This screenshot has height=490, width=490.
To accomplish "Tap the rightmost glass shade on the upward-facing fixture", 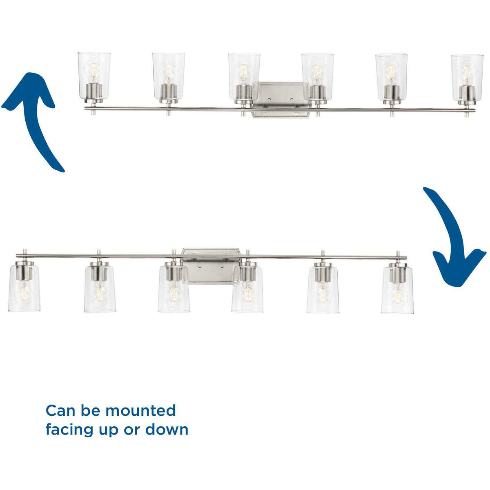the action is pyautogui.click(x=467, y=77).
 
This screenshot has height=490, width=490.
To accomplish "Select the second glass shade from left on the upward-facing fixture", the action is pyautogui.click(x=169, y=76).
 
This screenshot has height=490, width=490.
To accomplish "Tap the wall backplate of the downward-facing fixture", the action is pyautogui.click(x=211, y=266).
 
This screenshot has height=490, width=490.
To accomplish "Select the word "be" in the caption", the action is pyautogui.click(x=90, y=411).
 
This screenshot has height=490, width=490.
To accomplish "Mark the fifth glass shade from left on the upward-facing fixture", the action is pyautogui.click(x=391, y=77).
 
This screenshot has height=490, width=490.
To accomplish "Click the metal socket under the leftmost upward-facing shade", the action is pyautogui.click(x=94, y=93).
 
